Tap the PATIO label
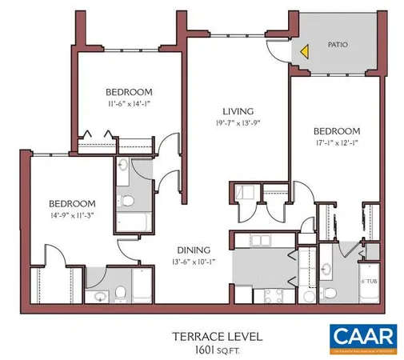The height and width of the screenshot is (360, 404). click(x=338, y=45)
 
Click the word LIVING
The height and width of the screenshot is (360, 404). click(x=238, y=111)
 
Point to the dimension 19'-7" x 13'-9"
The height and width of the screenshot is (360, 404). click(x=238, y=123)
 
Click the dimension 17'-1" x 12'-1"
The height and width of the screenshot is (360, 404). click(x=337, y=143)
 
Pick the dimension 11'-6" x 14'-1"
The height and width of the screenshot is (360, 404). click(x=130, y=103)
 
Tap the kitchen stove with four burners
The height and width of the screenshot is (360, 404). click(x=265, y=294)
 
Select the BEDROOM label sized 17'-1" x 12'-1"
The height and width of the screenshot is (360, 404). click(x=337, y=130)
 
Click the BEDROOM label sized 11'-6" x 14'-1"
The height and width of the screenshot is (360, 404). click(x=130, y=91)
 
